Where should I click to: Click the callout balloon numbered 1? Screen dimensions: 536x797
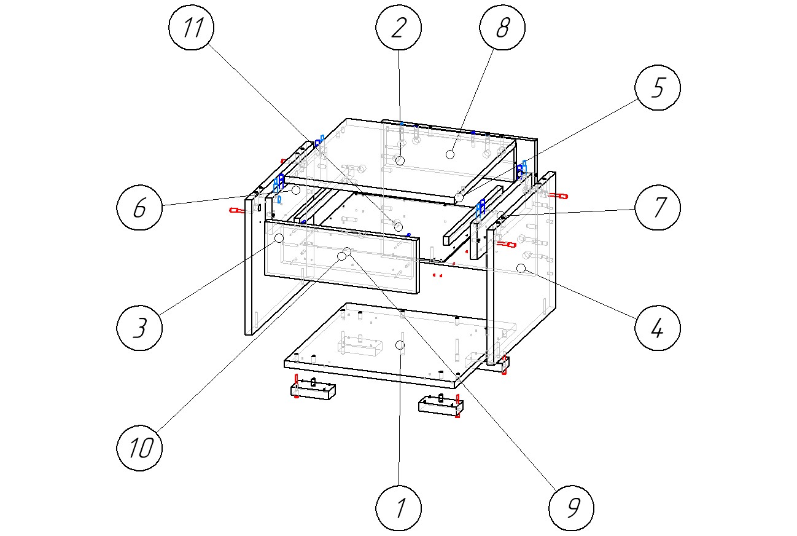click(x=399, y=508)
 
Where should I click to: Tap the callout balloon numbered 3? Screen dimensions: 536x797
click(x=140, y=328)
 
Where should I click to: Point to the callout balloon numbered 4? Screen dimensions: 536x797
click(x=657, y=328)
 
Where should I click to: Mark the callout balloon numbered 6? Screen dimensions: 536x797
click(x=140, y=208)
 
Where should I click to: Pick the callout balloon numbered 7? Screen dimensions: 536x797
click(x=658, y=208)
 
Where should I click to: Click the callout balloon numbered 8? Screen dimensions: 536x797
click(x=502, y=30)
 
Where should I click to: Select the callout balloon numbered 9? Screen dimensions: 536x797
click(x=572, y=508)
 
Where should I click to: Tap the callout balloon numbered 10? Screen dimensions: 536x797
click(x=140, y=449)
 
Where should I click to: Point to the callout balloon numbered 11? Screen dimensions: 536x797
click(x=192, y=30)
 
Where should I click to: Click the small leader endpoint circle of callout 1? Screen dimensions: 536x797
click(x=399, y=345)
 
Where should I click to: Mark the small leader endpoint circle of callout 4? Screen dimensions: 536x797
click(x=521, y=268)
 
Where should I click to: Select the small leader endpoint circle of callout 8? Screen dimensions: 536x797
click(x=450, y=154)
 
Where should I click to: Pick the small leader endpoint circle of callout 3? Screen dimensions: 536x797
click(x=279, y=238)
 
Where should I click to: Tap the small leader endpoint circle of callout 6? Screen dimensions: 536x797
click(x=296, y=191)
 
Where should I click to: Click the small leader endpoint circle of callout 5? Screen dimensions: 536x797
click(x=459, y=197)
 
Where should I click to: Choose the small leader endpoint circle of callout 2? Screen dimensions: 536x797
click(x=400, y=160)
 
